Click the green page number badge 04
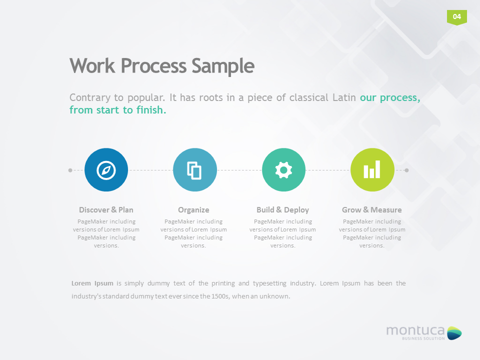(x=456, y=17)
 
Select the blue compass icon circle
(x=106, y=170)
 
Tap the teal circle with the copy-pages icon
(x=194, y=170)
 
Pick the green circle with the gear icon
(x=283, y=170)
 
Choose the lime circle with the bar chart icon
(x=372, y=170)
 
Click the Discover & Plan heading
(x=106, y=210)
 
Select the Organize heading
(x=193, y=210)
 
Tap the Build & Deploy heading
(x=282, y=210)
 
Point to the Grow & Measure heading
(x=371, y=210)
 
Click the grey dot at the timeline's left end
(x=70, y=170)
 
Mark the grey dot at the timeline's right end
(x=406, y=170)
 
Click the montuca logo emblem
(x=454, y=332)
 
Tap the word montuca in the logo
(x=415, y=330)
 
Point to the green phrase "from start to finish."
(x=117, y=110)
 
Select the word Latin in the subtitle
(x=344, y=97)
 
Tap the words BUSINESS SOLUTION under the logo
(x=423, y=338)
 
